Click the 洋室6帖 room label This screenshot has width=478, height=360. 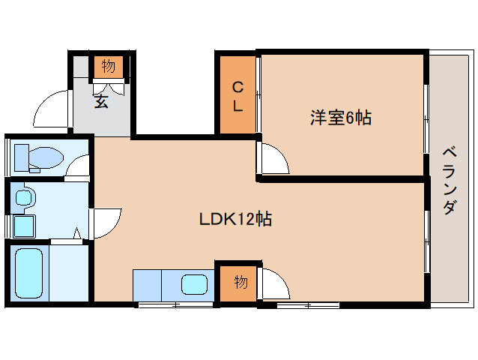[341, 118]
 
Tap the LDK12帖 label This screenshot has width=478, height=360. [235, 219]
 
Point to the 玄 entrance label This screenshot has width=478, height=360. [101, 100]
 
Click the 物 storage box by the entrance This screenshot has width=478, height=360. [109, 67]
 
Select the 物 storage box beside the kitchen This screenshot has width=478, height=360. [240, 283]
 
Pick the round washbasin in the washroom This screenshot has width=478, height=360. [25, 198]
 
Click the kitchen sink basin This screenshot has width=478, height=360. [195, 285]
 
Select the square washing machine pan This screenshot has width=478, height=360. [25, 226]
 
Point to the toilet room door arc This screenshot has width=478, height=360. [78, 165]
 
